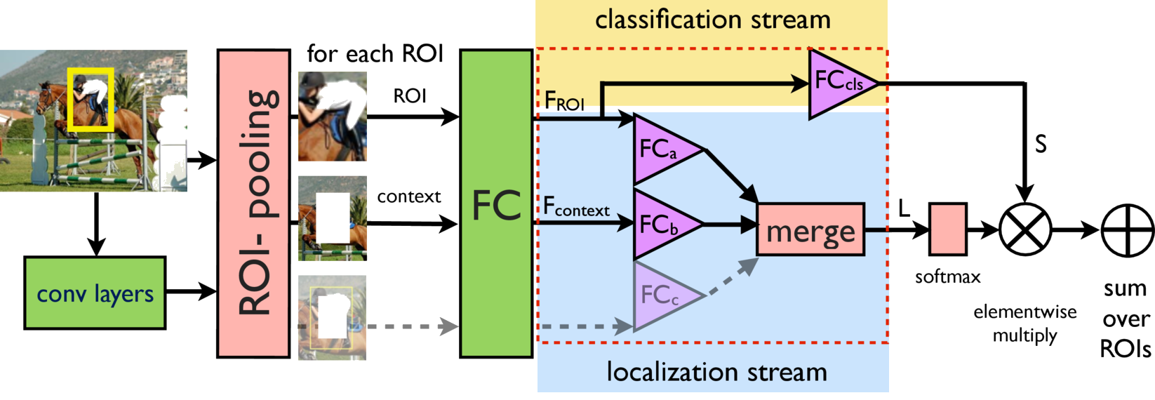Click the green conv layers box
pos(95,293)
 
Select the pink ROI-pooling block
pos(253,203)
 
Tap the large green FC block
pos(495,204)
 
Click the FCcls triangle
pos(838,83)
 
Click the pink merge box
pos(810,229)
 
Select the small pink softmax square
pos(947,229)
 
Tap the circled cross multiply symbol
pos(1025,229)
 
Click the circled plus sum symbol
pos(1127,230)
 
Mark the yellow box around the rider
pos(91,99)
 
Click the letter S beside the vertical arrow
pos(1041,144)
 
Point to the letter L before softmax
pos(904,208)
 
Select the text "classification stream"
pos(712,20)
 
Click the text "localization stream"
pos(716,372)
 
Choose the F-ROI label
pos(564,102)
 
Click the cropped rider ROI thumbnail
pos(332,116)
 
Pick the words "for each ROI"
pos(375,53)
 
